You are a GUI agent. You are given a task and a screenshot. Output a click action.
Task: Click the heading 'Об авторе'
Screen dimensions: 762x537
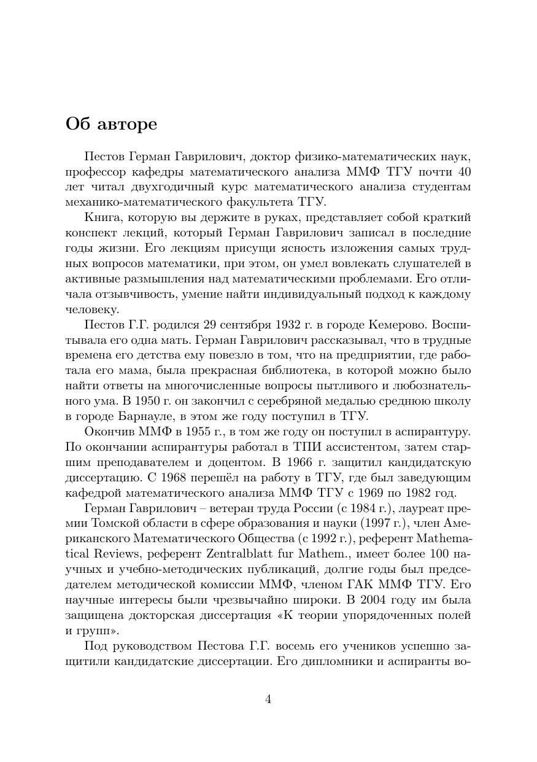point(111,124)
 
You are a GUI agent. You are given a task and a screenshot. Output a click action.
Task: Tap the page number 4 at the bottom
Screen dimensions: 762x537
point(268,699)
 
